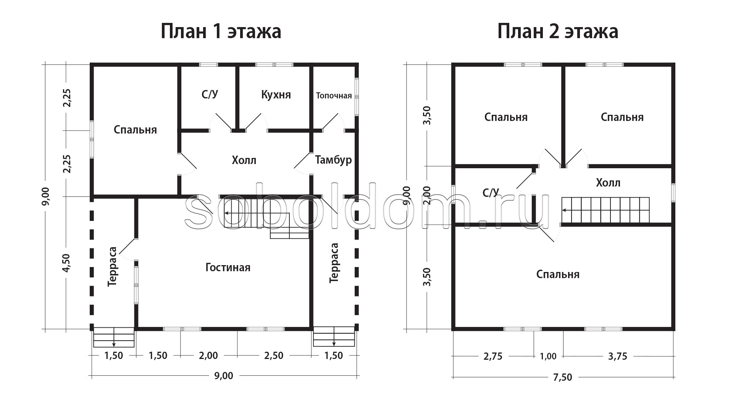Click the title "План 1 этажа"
tap(221, 31)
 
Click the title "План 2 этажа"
tap(557, 31)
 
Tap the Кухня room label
tap(276, 95)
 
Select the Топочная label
tap(334, 95)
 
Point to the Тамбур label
tap(333, 160)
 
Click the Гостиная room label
tap(228, 267)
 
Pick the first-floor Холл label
tap(244, 160)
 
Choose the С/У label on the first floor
tap(210, 95)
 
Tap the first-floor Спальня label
tap(135, 130)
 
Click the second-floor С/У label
tap(491, 193)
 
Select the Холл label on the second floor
tap(608, 183)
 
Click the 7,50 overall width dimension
tap(563, 377)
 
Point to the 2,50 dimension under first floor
tap(274, 356)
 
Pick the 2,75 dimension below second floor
tap(493, 356)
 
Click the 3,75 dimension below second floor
tap(617, 356)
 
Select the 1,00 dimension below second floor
tap(548, 356)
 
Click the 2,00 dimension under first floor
tap(208, 356)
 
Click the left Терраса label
tap(112, 267)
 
